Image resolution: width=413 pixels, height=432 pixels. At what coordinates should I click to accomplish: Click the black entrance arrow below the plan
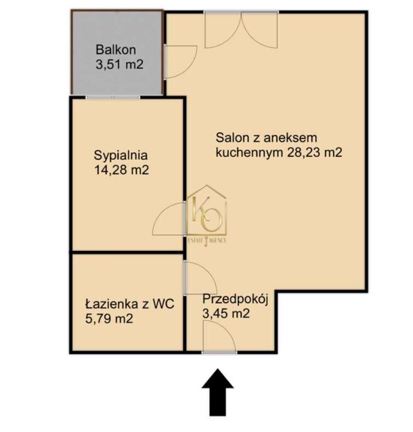(x=217, y=391)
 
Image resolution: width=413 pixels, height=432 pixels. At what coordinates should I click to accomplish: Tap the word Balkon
(x=114, y=48)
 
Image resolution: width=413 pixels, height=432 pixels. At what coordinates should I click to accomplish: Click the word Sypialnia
(x=121, y=154)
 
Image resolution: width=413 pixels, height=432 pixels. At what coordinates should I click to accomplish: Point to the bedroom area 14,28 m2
(x=122, y=170)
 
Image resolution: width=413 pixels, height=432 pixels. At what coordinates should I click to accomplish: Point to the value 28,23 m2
(x=314, y=153)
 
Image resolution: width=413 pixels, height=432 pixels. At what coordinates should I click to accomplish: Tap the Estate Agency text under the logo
(x=207, y=240)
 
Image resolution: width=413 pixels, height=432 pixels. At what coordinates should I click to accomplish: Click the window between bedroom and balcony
(x=113, y=97)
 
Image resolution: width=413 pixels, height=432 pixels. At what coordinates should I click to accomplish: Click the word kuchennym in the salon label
(x=250, y=153)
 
